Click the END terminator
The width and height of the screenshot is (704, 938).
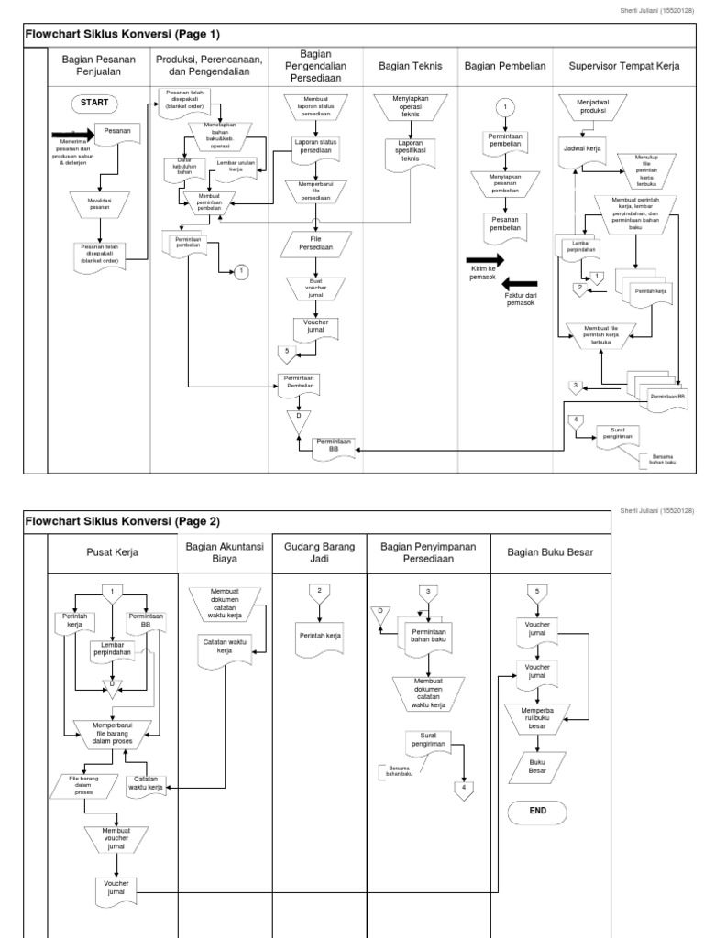[x=537, y=811]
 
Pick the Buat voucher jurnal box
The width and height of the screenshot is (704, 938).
[x=314, y=289]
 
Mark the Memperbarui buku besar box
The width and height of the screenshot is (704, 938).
[x=537, y=716]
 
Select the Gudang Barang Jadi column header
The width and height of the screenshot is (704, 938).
[x=319, y=554]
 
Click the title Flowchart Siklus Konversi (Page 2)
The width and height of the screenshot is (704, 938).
[x=123, y=521]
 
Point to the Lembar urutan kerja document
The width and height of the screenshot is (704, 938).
[x=236, y=167]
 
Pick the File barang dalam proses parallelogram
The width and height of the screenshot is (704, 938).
[x=85, y=786]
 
